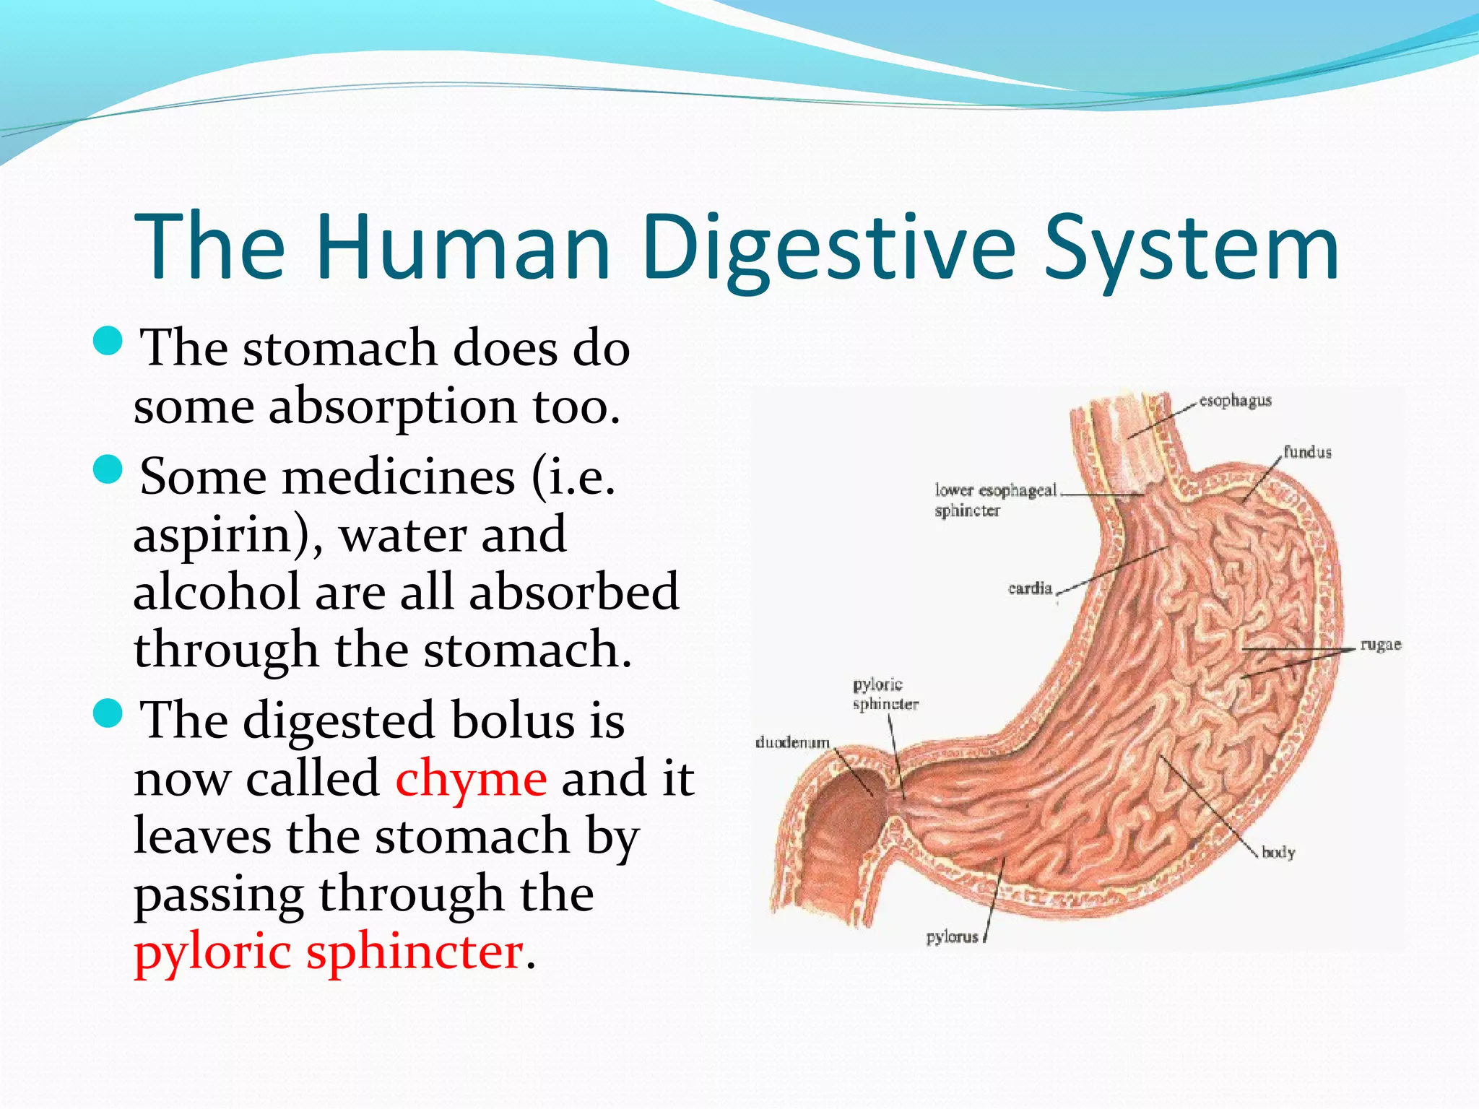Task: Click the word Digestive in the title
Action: [828, 247]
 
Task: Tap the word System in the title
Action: [1192, 247]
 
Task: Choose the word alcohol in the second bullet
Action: [217, 592]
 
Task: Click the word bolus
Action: [513, 721]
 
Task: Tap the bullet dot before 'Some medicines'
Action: [109, 470]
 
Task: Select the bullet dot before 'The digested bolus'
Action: [109, 714]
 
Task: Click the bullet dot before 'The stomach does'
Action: [109, 341]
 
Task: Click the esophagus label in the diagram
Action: [1235, 401]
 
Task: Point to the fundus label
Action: [1307, 453]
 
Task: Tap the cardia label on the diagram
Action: [1030, 588]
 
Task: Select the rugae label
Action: [1380, 645]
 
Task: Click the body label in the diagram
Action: [1278, 853]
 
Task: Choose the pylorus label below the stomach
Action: [952, 937]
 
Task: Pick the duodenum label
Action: [792, 742]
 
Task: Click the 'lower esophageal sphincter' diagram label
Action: [994, 500]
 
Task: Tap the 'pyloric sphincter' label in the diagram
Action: [885, 694]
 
